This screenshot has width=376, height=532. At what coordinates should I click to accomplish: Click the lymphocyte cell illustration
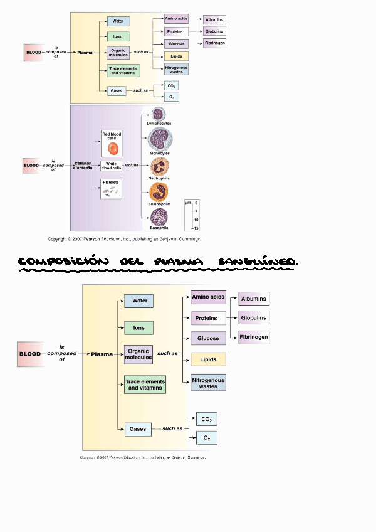pos(159,114)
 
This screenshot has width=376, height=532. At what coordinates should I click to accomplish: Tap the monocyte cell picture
pos(160,139)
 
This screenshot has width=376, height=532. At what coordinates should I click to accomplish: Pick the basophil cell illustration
pos(159,217)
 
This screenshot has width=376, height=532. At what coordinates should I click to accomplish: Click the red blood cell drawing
pos(113,148)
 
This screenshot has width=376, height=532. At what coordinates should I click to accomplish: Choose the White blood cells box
pos(112,166)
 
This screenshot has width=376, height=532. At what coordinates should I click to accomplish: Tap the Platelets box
pos(111,189)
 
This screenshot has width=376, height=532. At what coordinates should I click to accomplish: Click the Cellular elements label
pos(83,166)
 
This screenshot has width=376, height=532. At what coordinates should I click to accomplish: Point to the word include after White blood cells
pos(132,166)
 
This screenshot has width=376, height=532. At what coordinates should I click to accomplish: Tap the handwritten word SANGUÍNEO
pos(259,262)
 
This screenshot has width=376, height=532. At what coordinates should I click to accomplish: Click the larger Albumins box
pos(253,299)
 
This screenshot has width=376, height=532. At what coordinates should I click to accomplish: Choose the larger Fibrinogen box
pos(253,338)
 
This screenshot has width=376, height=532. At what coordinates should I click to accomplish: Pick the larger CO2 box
pos(206,419)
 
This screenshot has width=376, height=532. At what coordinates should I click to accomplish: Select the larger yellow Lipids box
pos(208,360)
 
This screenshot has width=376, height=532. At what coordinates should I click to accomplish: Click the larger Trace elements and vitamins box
pos(145,385)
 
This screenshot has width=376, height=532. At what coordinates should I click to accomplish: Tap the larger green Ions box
pos(138,327)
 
